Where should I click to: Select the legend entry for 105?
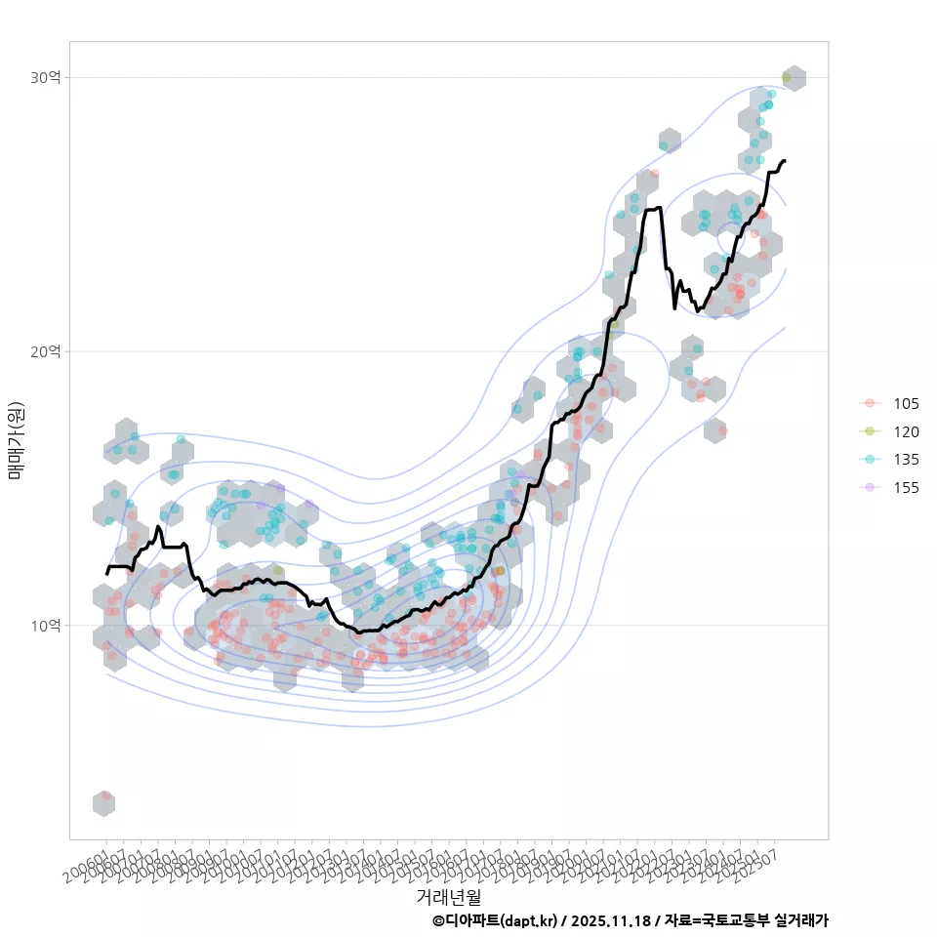pyautogui.click(x=906, y=404)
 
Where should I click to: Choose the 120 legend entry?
pyautogui.click(x=906, y=432)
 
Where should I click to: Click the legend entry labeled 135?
pyautogui.click(x=906, y=460)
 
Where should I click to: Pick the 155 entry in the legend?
pyautogui.click(x=906, y=488)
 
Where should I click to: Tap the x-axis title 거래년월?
pyautogui.click(x=449, y=895)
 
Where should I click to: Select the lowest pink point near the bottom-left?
pyautogui.click(x=105, y=796)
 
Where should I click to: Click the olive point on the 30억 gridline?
pyautogui.click(x=787, y=77)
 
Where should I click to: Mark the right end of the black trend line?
pyautogui.click(x=785, y=160)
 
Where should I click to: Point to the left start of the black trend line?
pyautogui.click(x=107, y=573)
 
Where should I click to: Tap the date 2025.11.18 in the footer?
pyautogui.click(x=611, y=920)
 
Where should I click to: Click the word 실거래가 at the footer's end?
pyautogui.click(x=801, y=920)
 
